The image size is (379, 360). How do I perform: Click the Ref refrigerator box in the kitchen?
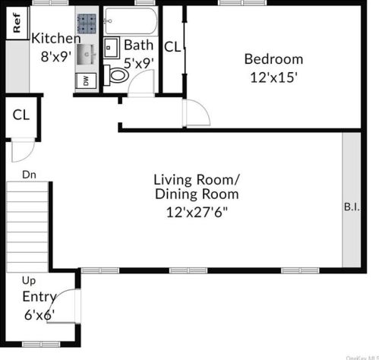pyautogui.click(x=17, y=23)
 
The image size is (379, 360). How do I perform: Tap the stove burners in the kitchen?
pyautogui.click(x=87, y=24)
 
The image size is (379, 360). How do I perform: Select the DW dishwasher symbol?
pyautogui.click(x=86, y=81)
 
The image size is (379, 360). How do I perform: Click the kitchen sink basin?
pyautogui.click(x=87, y=55)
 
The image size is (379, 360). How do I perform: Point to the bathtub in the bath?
pyautogui.click(x=131, y=21)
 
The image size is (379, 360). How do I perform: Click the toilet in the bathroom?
pyautogui.click(x=116, y=75)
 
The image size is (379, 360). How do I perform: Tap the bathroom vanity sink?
pyautogui.click(x=111, y=48)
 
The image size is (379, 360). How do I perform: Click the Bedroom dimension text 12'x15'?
pyautogui.click(x=273, y=77)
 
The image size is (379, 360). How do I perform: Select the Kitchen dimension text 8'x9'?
pyautogui.click(x=55, y=56)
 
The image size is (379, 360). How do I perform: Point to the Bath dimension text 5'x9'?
pyautogui.click(x=139, y=63)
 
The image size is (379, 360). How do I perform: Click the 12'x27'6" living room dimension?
pyautogui.click(x=197, y=212)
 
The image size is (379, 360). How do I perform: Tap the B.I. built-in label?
pyautogui.click(x=352, y=207)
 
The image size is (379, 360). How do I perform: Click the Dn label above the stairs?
pyautogui.click(x=29, y=175)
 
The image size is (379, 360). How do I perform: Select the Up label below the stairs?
pyautogui.click(x=29, y=280)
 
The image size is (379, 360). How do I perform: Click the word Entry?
pyautogui.click(x=39, y=297)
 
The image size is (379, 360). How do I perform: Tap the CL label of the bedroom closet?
pyautogui.click(x=172, y=47)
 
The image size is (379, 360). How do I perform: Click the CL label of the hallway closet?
pyautogui.click(x=21, y=115)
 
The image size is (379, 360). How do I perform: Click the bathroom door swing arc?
pyautogui.click(x=137, y=76)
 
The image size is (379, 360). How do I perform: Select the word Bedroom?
pyautogui.click(x=273, y=59)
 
